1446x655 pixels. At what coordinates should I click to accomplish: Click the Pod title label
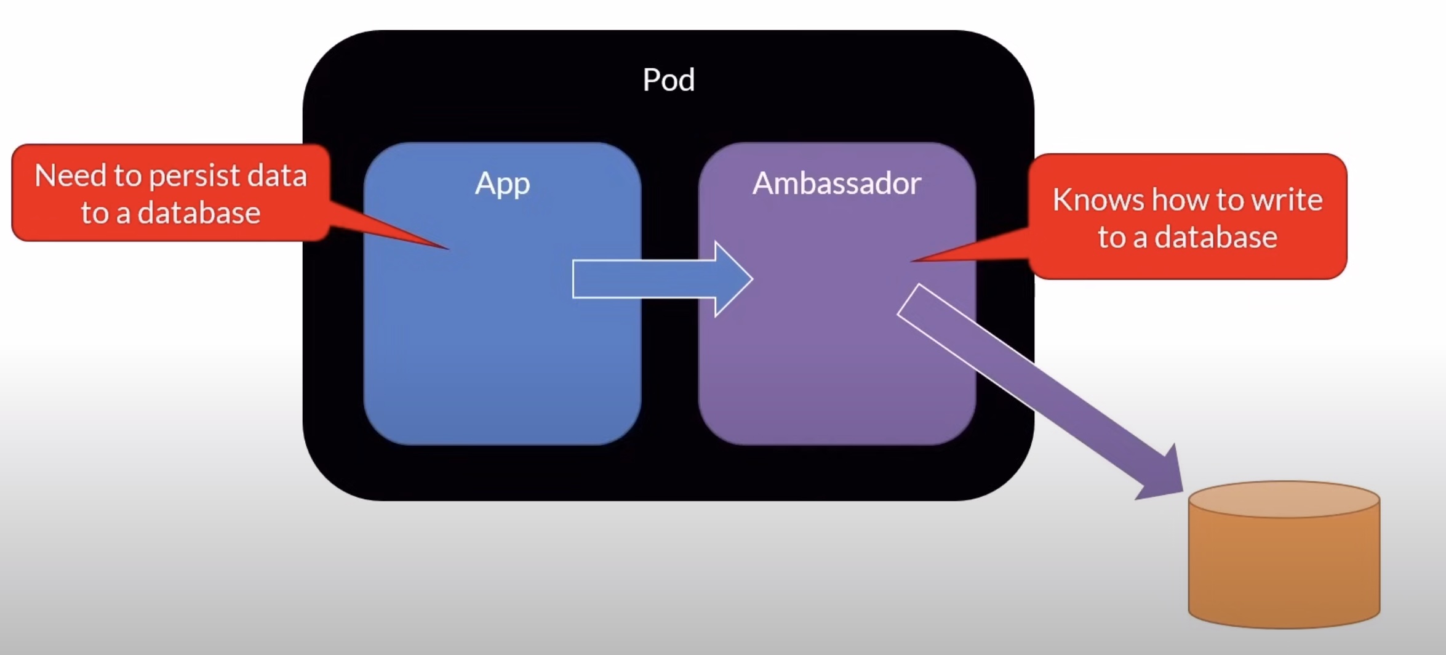point(668,80)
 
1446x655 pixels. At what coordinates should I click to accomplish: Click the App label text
point(502,183)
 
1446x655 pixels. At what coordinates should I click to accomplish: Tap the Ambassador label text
point(836,183)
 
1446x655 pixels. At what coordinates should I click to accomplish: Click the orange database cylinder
point(1284,566)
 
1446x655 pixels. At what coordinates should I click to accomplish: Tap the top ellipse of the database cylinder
point(1284,499)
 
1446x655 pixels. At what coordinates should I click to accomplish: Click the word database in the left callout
point(198,213)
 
